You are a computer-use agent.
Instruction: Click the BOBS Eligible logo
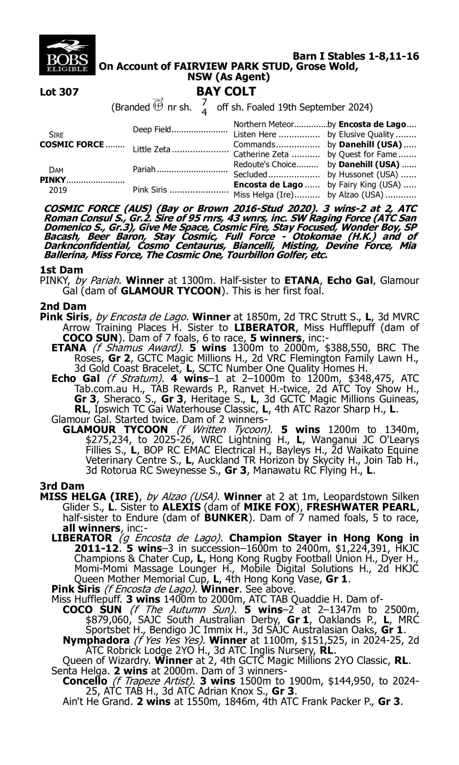click(x=67, y=55)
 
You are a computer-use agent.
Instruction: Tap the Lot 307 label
click(x=59, y=92)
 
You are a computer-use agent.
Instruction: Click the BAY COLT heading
click(x=226, y=91)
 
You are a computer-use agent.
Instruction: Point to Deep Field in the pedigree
click(x=151, y=129)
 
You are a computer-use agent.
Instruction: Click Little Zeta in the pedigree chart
click(x=151, y=150)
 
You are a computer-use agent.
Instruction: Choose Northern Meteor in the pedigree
click(x=263, y=124)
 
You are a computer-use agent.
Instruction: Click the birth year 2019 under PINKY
click(x=58, y=190)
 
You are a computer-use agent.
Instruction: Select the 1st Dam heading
click(x=61, y=270)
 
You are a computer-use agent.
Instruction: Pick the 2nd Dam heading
click(x=63, y=306)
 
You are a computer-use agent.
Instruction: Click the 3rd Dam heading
click(x=62, y=487)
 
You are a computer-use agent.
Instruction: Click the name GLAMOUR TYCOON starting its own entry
click(x=115, y=430)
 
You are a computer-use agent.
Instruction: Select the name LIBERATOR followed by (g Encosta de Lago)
click(x=82, y=538)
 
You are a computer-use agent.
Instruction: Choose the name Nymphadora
click(x=96, y=640)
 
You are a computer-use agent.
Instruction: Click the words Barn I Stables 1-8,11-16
click(x=356, y=56)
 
